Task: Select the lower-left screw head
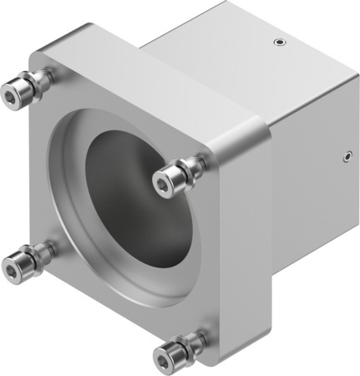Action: (17, 266)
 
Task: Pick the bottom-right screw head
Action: (167, 353)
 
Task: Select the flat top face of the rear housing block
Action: (226, 50)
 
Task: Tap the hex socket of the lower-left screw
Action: (13, 267)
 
